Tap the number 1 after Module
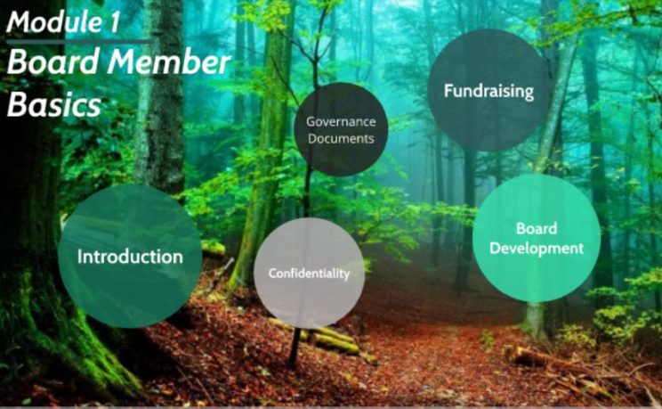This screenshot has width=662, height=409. (114, 22)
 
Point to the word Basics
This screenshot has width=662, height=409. (54, 104)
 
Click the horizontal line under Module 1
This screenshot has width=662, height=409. (79, 42)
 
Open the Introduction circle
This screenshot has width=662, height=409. (130, 256)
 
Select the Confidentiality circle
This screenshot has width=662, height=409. (309, 273)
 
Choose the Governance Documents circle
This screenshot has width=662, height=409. (341, 129)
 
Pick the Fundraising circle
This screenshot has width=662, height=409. (488, 90)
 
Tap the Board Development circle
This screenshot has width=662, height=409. (537, 238)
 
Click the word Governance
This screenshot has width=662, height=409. (341, 121)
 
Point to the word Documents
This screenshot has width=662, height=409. (341, 138)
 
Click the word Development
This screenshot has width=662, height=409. (537, 249)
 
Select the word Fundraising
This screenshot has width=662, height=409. (488, 91)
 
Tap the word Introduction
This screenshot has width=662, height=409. (130, 257)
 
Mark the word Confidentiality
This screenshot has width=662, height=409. (309, 274)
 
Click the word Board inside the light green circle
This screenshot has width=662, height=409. (537, 228)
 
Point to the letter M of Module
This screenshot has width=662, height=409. (20, 22)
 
